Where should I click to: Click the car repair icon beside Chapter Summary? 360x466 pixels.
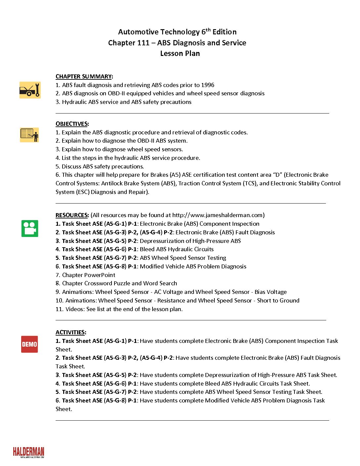point(30,90)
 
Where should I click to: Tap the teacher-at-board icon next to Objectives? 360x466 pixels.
point(29,135)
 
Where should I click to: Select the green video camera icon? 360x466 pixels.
point(30,228)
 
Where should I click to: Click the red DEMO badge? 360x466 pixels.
point(29,344)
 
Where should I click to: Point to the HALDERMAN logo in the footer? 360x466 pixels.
point(28,452)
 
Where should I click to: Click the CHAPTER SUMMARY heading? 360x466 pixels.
point(84,76)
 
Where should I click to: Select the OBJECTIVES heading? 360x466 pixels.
point(72,124)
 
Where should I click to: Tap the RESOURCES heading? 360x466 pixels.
point(72,215)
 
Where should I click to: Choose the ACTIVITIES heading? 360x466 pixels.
point(70,332)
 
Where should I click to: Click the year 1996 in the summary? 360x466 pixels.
point(208,85)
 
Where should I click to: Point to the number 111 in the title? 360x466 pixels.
point(143,43)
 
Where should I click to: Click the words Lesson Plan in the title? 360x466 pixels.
point(180,53)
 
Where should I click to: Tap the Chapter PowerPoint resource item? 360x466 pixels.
point(89,275)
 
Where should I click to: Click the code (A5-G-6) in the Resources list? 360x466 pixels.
point(115,249)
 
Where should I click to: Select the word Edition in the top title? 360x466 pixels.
point(224,32)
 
